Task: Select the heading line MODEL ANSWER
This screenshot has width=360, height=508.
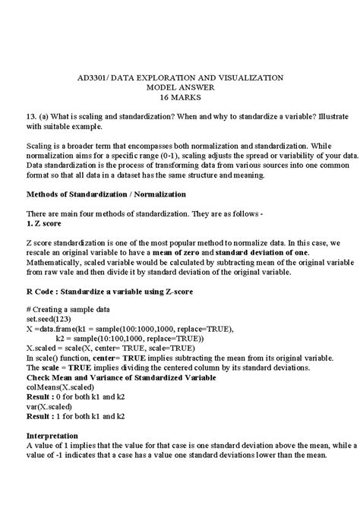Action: pyautogui.click(x=180, y=88)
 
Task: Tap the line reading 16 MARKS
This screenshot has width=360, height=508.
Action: pyautogui.click(x=180, y=99)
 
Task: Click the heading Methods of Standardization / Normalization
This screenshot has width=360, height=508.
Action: pyautogui.click(x=106, y=194)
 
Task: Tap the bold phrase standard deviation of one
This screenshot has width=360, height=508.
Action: pyautogui.click(x=260, y=252)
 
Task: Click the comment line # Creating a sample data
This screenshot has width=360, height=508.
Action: pyautogui.click(x=68, y=311)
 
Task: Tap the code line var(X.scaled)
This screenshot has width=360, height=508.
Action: pyautogui.click(x=51, y=406)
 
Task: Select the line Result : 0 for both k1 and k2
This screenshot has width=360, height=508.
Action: pyautogui.click(x=75, y=396)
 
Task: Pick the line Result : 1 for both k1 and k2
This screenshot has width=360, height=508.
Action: pyautogui.click(x=75, y=417)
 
